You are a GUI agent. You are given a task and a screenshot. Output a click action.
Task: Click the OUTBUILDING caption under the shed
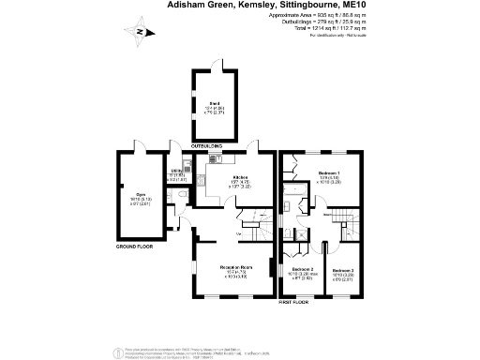[x=207, y=147]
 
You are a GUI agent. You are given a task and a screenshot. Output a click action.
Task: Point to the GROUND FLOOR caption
[x=134, y=246]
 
